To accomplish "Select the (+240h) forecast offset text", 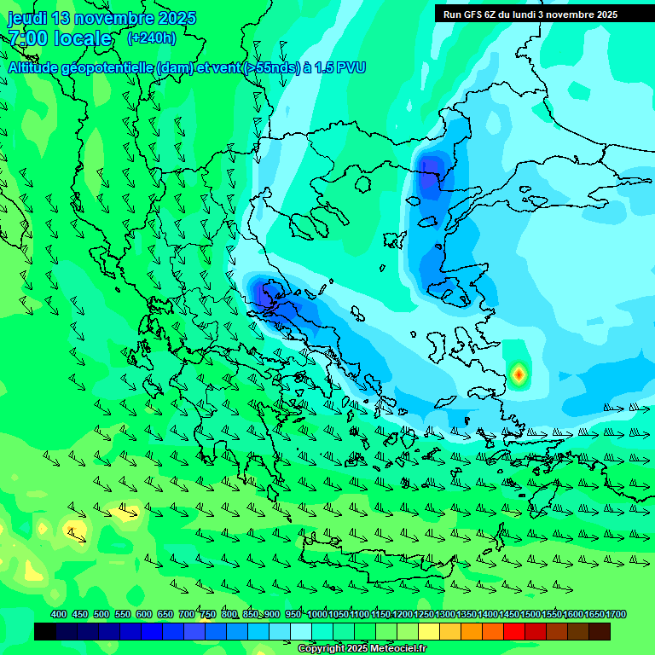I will (152, 38).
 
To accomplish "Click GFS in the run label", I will (472, 14).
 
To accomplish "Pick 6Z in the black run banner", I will (491, 14).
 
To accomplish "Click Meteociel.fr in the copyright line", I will (398, 649).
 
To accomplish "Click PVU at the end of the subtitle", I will (351, 67).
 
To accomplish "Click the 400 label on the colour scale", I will (58, 615).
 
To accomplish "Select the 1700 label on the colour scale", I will (616, 615).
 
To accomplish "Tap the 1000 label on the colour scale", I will (316, 615).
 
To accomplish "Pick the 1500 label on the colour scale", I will (530, 615).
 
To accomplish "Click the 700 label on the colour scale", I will (187, 615).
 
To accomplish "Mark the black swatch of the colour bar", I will (45, 632).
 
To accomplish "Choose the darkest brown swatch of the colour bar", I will (600, 632).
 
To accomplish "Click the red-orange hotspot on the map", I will (519, 374).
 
